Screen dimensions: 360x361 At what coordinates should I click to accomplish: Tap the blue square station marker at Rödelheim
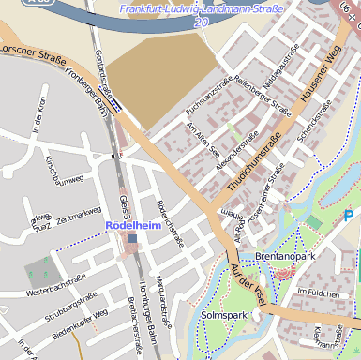(x=133, y=239)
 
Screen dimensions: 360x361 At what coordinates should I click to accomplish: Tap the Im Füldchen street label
(x=316, y=292)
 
